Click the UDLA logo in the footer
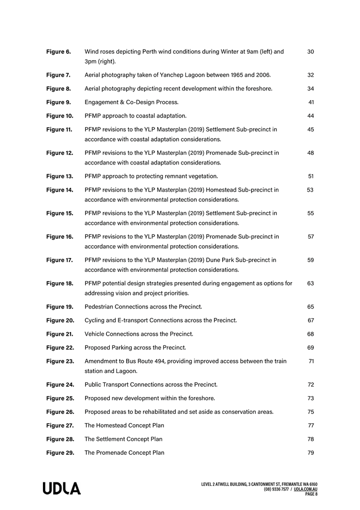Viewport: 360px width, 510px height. coord(61,489)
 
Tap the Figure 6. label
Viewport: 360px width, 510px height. coord(58,52)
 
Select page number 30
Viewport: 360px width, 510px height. coord(311,52)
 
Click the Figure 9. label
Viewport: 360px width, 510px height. coord(58,102)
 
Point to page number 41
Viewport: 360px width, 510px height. coord(311,102)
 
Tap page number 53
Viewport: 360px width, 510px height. coord(310,190)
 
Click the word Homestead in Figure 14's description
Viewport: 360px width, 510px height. coord(224,190)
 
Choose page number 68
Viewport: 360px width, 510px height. coord(310,334)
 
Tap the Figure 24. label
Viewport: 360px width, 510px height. coord(60,385)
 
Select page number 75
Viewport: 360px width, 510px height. coord(310,412)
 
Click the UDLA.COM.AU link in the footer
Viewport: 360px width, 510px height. coord(306,489)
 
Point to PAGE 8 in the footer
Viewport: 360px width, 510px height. coord(311,494)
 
